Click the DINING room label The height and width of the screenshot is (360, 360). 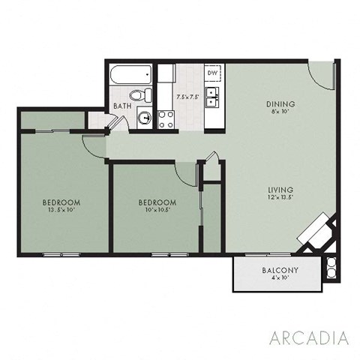click(280, 103)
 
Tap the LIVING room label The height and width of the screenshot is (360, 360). click(280, 190)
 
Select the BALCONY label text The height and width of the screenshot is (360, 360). click(280, 270)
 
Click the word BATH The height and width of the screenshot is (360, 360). click(121, 106)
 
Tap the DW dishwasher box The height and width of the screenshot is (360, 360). click(212, 73)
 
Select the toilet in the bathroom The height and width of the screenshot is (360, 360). click(137, 95)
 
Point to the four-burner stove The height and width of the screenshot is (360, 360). click(166, 118)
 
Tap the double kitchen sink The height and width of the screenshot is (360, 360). click(213, 96)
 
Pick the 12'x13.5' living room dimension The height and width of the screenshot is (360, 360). click(280, 199)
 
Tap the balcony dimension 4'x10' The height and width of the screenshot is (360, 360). click(280, 279)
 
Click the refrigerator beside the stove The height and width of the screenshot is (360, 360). click(166, 73)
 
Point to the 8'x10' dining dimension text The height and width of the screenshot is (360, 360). click(280, 112)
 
